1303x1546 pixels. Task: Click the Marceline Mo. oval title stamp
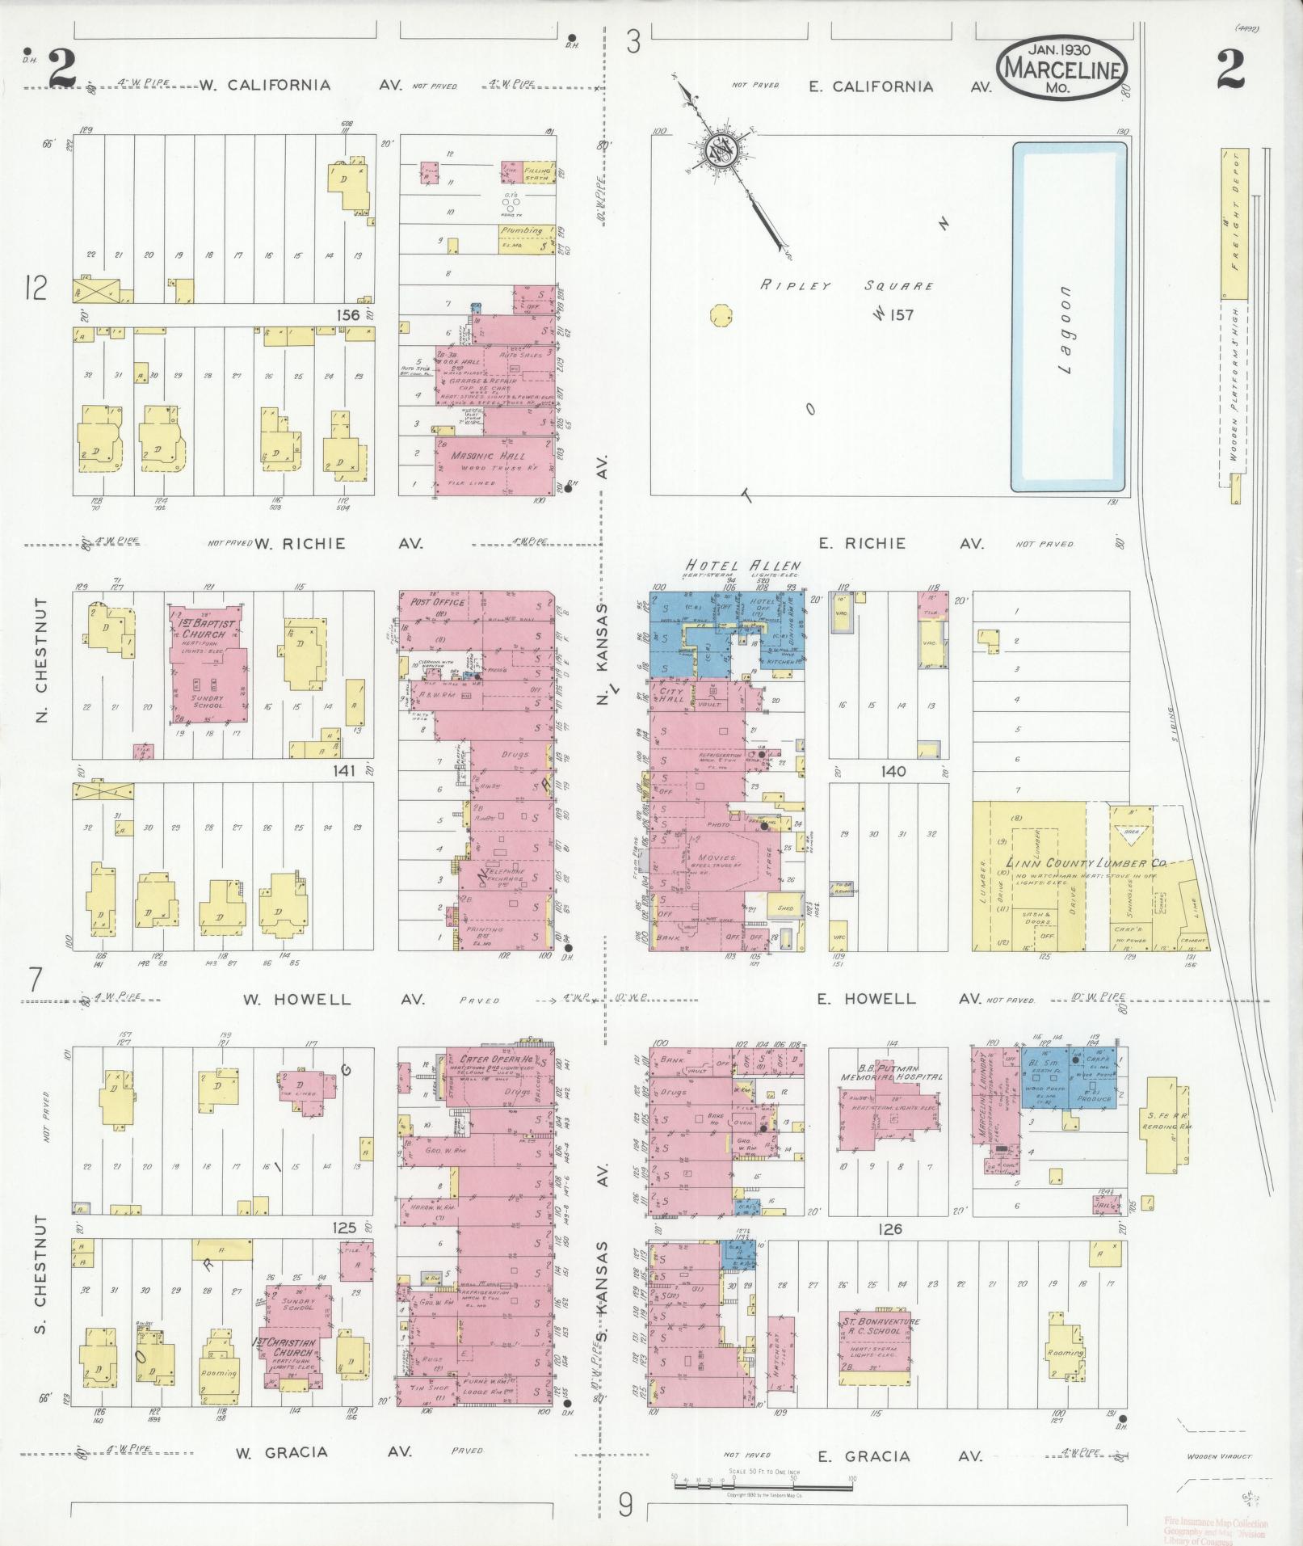point(1061,70)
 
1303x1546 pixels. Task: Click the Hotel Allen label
point(743,566)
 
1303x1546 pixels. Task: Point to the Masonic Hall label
point(484,455)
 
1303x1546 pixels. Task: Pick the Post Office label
point(437,602)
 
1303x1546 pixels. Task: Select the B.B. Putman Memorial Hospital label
point(891,1072)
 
